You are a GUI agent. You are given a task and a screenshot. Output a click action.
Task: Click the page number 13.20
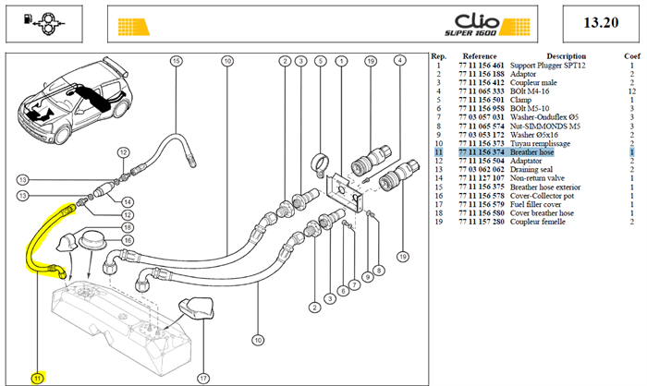pyautogui.click(x=601, y=22)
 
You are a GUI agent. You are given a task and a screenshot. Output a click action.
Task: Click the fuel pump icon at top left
pyautogui.click(x=43, y=23)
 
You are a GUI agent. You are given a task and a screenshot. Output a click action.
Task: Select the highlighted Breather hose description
pyautogui.click(x=531, y=152)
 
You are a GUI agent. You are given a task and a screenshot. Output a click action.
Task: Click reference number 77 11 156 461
pyautogui.click(x=482, y=66)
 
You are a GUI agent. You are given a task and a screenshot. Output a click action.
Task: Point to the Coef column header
pyautogui.click(x=631, y=56)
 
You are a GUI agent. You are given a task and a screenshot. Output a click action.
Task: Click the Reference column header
pyautogui.click(x=480, y=56)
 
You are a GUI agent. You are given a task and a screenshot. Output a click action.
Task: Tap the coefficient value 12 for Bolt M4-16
pyautogui.click(x=631, y=91)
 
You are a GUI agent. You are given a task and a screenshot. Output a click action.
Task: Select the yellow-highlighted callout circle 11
pyautogui.click(x=38, y=379)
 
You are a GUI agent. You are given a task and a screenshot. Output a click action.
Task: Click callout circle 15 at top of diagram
pyautogui.click(x=177, y=61)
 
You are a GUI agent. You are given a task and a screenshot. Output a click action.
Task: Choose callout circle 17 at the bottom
pyautogui.click(x=203, y=379)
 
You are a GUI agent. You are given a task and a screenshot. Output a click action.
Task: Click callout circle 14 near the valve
pyautogui.click(x=128, y=201)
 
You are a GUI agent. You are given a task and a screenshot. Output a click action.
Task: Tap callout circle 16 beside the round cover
pyautogui.click(x=128, y=240)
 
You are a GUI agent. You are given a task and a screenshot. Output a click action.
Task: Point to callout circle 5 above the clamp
pyautogui.click(x=320, y=61)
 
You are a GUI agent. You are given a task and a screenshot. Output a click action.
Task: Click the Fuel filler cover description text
pyautogui.click(x=535, y=205)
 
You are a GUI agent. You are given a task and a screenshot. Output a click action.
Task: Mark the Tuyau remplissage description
pyautogui.click(x=540, y=143)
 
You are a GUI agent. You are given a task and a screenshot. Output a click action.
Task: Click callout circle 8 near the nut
pyautogui.click(x=379, y=271)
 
